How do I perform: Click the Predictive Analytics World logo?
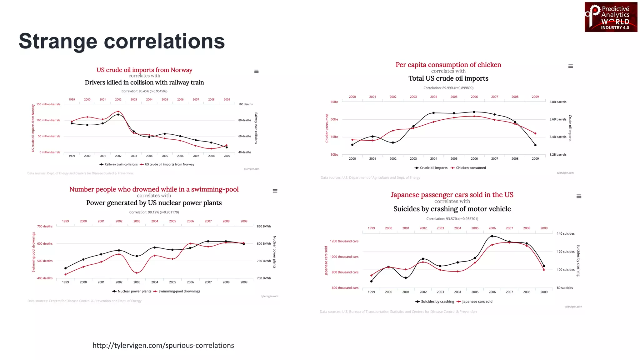611,17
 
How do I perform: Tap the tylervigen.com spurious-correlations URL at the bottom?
163,345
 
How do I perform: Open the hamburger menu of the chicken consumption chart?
570,66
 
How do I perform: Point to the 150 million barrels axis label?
48,104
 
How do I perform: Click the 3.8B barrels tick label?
558,102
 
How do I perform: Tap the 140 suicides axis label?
566,234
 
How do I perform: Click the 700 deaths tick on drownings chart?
45,227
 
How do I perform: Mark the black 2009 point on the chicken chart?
535,145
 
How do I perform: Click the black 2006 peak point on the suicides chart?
492,236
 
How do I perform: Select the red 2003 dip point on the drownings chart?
137,273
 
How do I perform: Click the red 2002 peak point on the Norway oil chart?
118,112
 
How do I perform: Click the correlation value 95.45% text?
144,91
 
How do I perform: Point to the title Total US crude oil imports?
448,78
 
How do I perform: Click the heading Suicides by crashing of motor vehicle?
452,209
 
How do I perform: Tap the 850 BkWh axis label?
264,227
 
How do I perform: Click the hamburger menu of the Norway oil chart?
256,72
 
